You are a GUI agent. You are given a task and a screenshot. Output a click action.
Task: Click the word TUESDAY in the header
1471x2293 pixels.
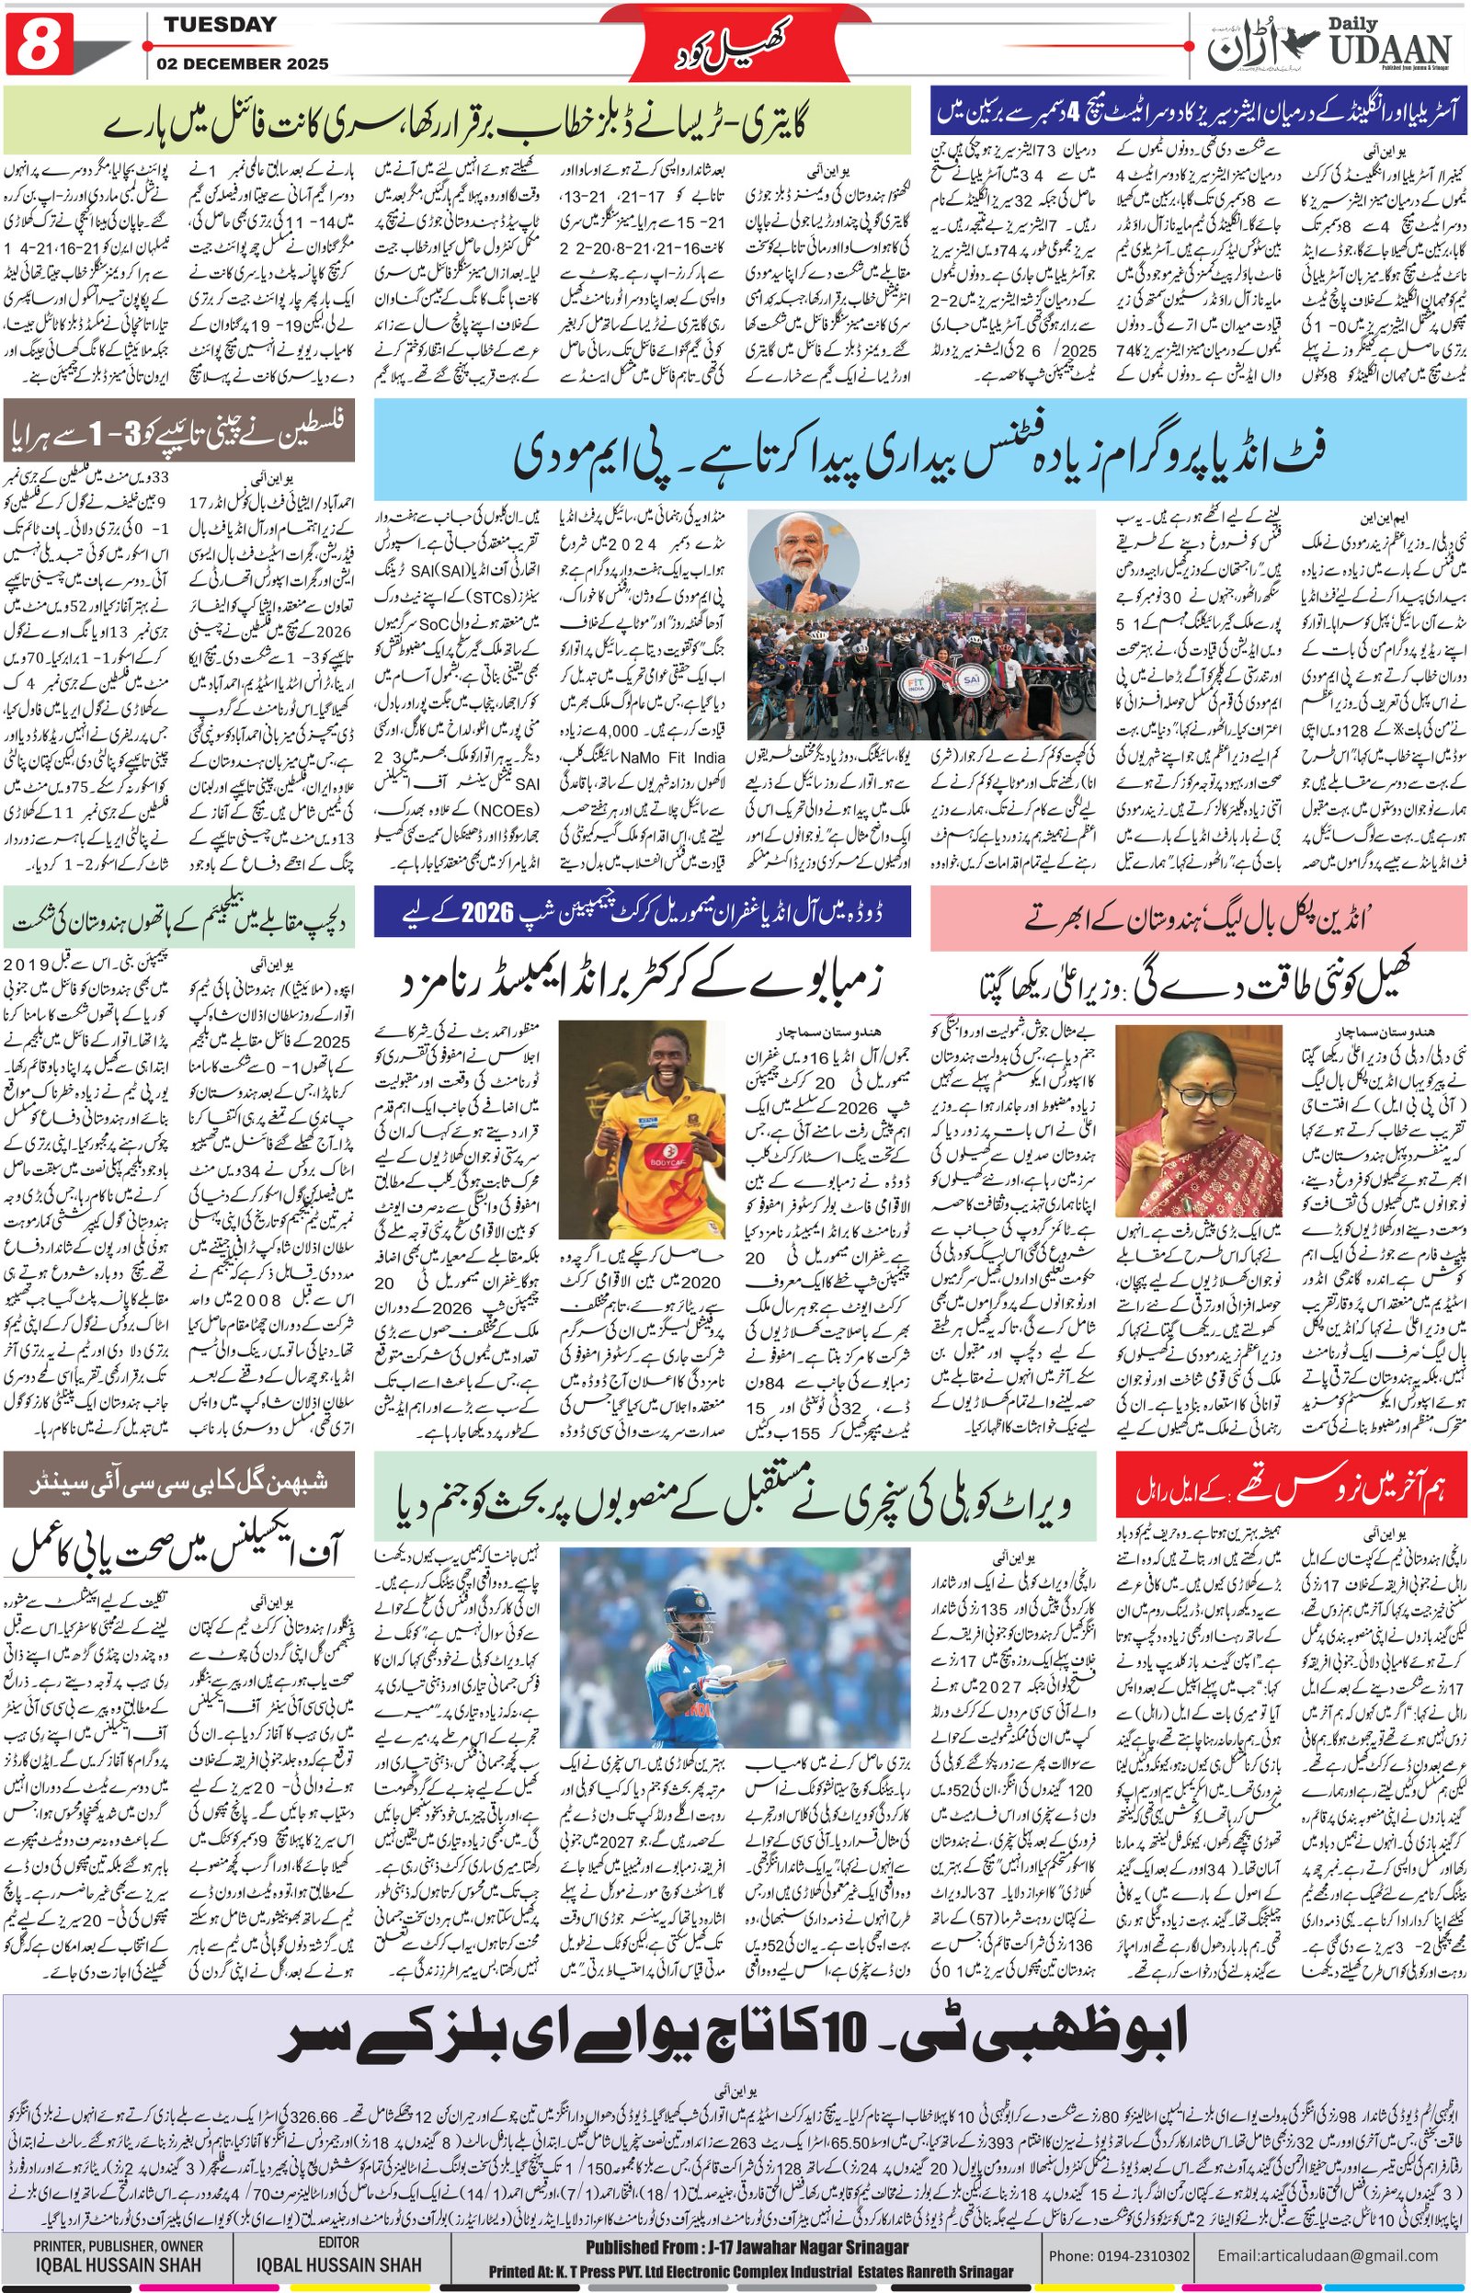point(219,25)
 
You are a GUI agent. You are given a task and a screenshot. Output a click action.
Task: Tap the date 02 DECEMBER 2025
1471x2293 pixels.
point(245,64)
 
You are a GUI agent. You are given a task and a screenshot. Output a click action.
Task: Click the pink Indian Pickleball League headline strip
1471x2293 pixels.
point(1198,917)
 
